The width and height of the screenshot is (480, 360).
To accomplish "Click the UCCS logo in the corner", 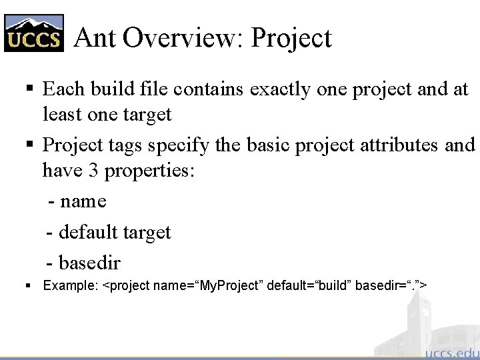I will (34, 33).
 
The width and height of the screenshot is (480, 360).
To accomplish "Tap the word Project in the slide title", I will (291, 39).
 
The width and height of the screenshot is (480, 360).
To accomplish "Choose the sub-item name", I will (82, 201).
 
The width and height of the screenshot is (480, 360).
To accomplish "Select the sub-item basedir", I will (89, 263).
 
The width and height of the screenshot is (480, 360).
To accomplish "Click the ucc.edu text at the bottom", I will (451, 352).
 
